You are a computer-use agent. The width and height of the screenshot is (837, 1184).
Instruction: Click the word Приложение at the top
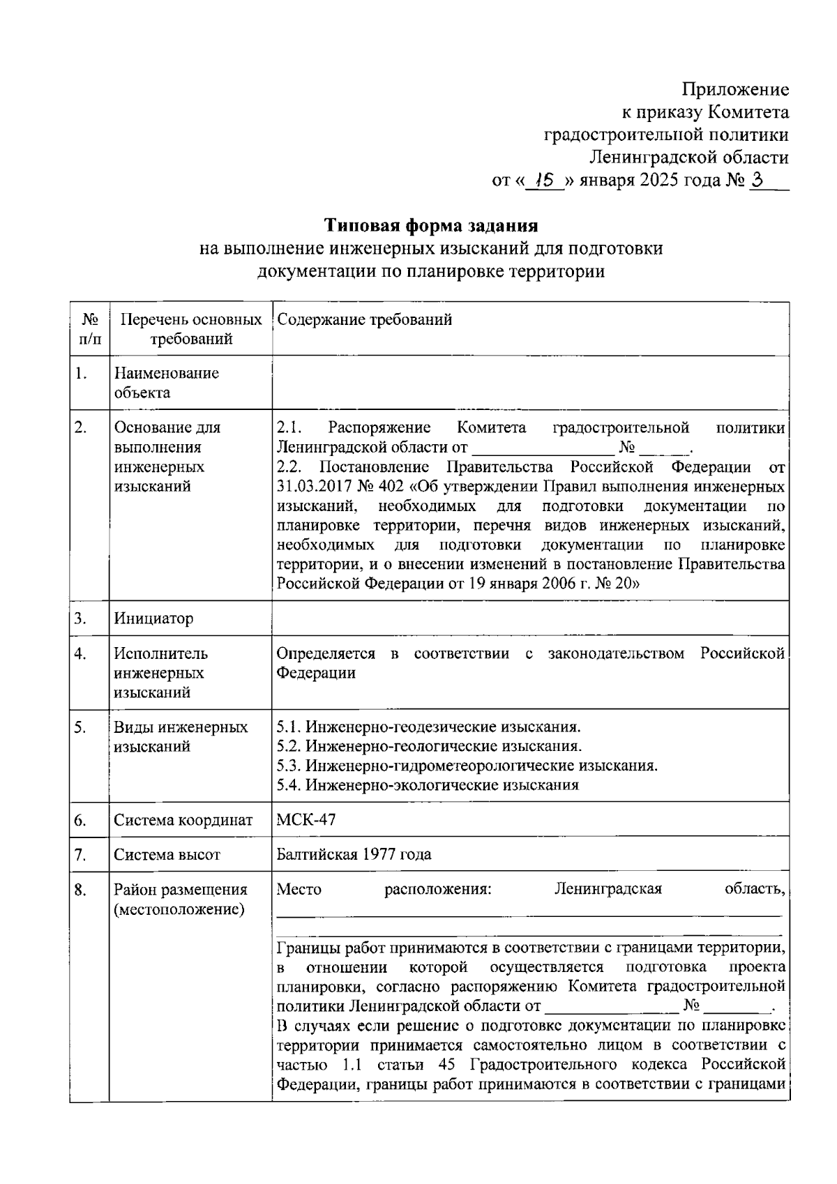(735, 89)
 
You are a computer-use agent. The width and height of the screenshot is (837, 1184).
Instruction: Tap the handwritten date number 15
(543, 181)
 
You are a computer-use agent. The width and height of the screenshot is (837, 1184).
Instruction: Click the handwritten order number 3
(758, 181)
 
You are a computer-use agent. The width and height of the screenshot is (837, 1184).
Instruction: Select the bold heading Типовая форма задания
(431, 226)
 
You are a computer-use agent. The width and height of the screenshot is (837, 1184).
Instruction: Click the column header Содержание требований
(364, 320)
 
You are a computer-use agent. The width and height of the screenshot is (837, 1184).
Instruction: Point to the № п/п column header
(90, 329)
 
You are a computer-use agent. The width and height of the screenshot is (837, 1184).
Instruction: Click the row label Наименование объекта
(166, 383)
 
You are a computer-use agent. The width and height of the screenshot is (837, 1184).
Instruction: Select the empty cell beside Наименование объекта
(530, 383)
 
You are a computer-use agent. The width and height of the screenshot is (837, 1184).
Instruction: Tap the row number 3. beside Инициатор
(80, 618)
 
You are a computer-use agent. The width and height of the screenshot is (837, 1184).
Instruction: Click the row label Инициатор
(153, 618)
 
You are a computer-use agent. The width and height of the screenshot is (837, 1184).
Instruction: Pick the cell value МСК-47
(306, 820)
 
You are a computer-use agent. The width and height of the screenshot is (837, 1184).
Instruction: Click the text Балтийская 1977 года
(354, 854)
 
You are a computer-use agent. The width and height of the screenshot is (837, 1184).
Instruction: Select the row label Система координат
(183, 820)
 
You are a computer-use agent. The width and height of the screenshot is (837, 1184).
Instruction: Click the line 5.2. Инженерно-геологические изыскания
(429, 747)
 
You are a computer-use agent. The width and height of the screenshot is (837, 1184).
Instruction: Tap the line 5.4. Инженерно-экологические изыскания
(428, 785)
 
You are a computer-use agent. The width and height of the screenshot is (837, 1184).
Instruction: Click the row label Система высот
(167, 854)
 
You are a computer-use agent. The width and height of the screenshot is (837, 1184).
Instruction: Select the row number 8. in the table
(80, 890)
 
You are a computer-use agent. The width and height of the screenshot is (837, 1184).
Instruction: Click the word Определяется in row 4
(325, 653)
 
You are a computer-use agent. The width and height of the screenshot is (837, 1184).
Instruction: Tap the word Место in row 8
(299, 890)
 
